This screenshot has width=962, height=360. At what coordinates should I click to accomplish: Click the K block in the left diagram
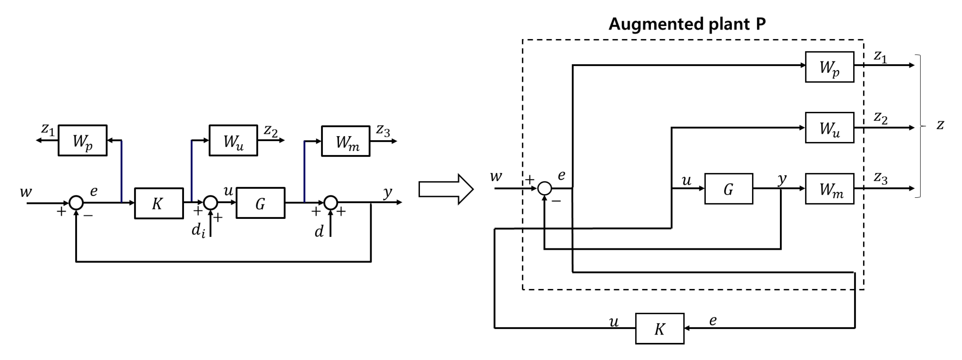[x=159, y=203]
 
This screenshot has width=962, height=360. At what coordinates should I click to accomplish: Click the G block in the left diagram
[x=260, y=203]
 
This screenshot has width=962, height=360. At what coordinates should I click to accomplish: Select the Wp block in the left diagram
[x=82, y=141]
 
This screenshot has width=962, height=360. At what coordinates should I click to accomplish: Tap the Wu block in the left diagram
[x=233, y=141]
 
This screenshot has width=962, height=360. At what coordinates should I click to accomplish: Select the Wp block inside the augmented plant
[x=829, y=67]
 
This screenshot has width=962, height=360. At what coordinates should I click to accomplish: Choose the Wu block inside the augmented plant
[x=829, y=128]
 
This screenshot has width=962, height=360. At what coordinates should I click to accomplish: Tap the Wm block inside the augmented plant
[x=829, y=189]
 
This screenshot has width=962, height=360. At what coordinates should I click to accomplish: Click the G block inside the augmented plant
[x=729, y=189]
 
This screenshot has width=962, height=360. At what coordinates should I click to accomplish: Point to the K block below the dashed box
[x=659, y=329]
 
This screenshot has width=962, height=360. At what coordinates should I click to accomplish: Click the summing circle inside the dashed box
[x=545, y=188]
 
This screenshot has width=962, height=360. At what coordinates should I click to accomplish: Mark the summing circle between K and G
[x=210, y=202]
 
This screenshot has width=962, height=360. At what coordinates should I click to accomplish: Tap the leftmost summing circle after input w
[x=76, y=202]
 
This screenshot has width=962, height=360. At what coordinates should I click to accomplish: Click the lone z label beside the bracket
[x=940, y=124]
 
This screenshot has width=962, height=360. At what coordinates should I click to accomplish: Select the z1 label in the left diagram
[x=48, y=129]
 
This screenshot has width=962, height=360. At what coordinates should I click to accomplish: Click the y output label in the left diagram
[x=388, y=192]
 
